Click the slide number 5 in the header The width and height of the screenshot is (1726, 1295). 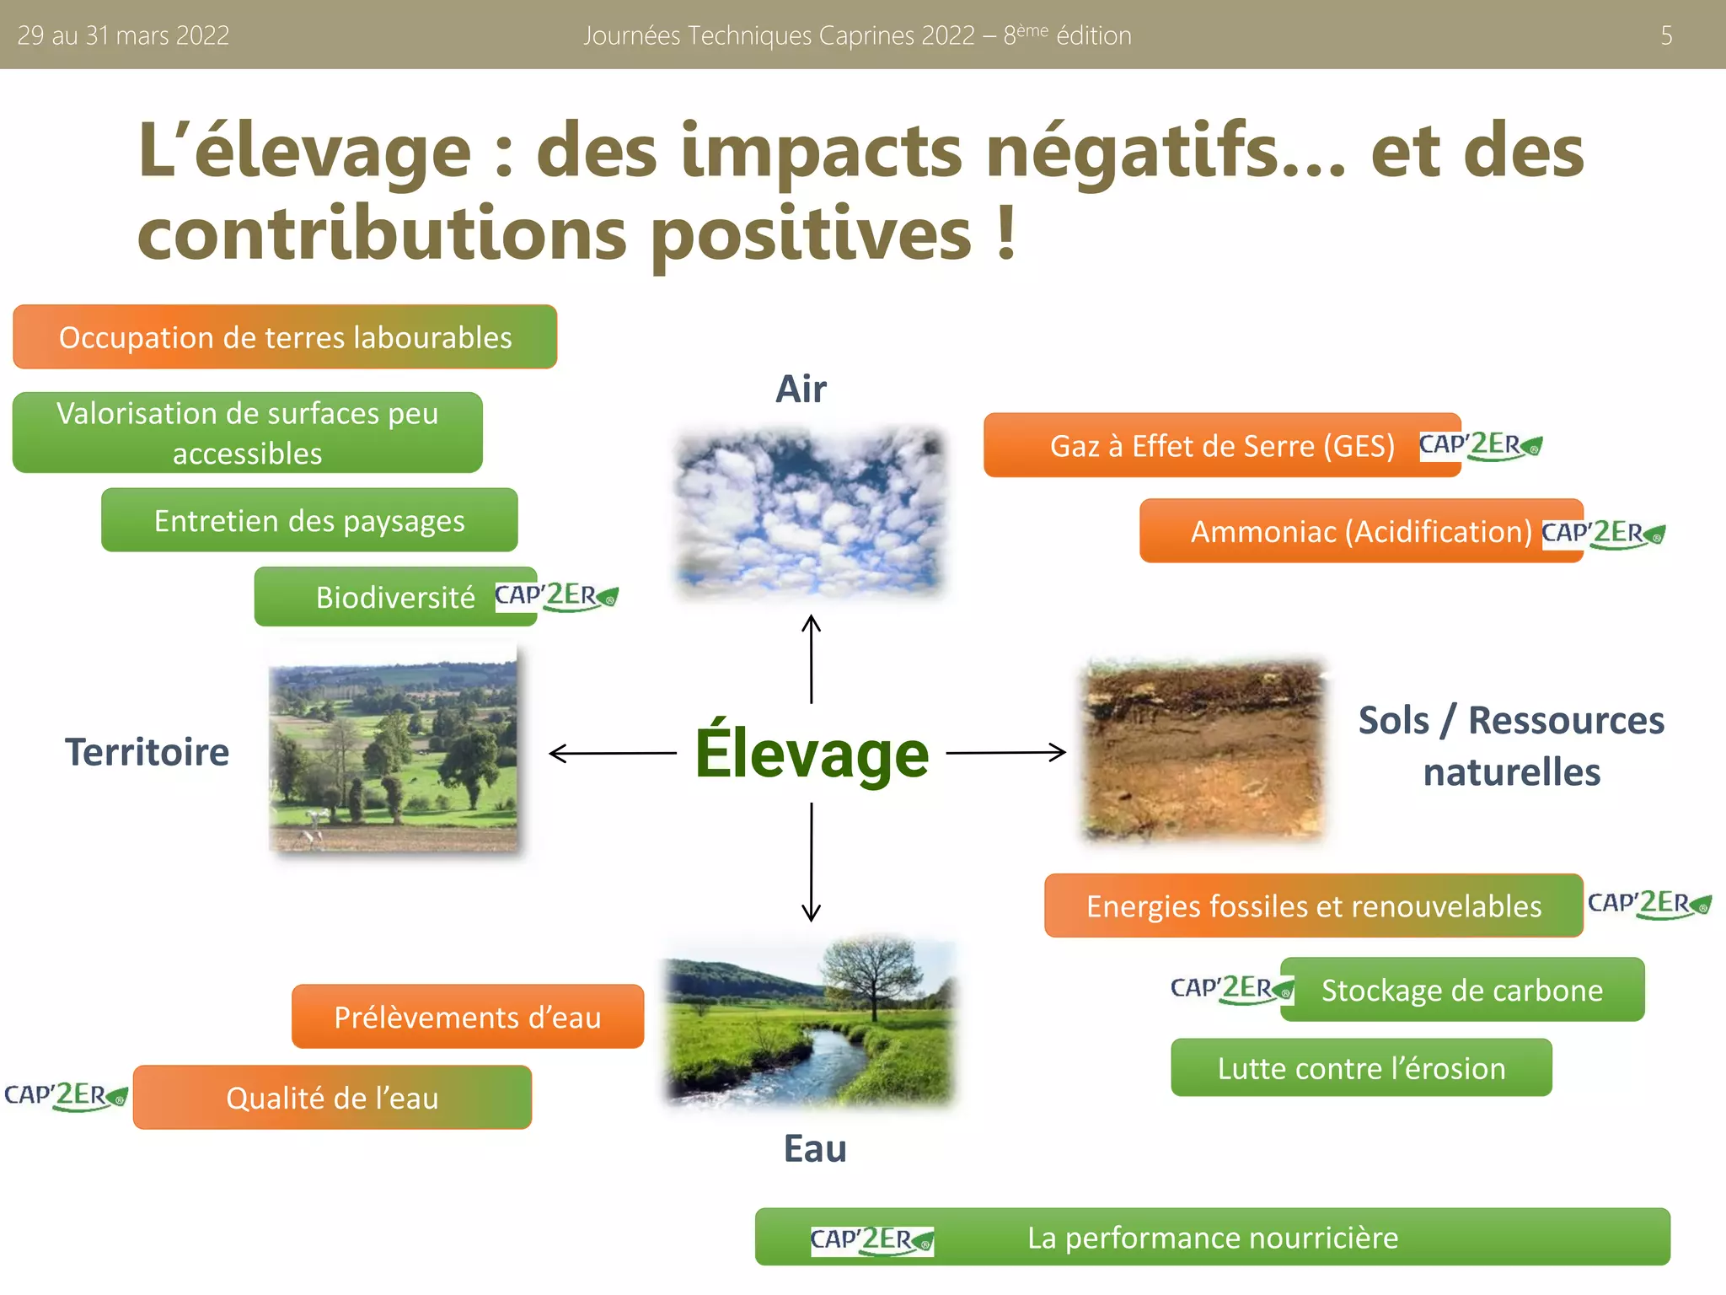tap(1665, 35)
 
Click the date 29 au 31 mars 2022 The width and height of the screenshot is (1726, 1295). tap(123, 35)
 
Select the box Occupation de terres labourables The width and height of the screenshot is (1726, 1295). tap(285, 337)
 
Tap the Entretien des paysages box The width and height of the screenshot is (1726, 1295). tap(309, 520)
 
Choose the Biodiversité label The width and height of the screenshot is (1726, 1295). tap(395, 597)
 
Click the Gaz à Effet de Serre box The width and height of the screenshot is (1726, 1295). tap(1221, 445)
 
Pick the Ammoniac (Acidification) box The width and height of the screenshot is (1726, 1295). tap(1359, 531)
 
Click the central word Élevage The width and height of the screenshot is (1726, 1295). tap(812, 753)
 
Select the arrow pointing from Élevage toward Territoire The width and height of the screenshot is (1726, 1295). tap(612, 753)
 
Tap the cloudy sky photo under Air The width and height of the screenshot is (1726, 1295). tap(811, 513)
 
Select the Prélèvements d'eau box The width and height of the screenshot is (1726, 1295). tap(468, 1017)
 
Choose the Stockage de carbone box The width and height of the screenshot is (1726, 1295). tap(1462, 990)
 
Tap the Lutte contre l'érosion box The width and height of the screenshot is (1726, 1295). tap(1361, 1068)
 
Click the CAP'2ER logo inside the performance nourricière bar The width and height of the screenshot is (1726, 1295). tap(871, 1239)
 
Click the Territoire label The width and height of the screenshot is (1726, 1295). tap(147, 752)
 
